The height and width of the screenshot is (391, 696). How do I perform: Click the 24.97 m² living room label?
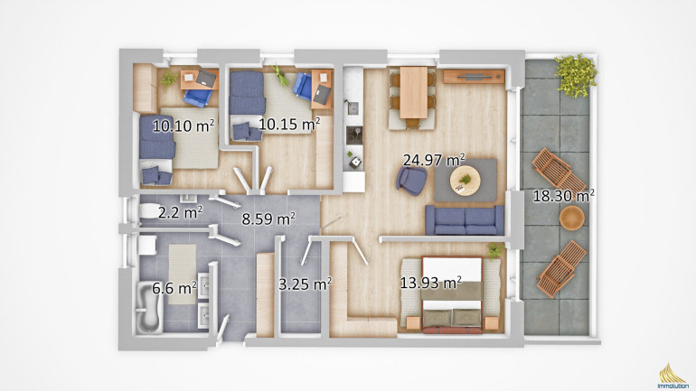(434, 160)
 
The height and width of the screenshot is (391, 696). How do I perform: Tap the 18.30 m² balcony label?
(564, 195)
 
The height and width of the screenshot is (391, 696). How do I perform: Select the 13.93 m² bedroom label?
(430, 283)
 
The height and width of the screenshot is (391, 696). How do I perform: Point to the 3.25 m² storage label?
(305, 284)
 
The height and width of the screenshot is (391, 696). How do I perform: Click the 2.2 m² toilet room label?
(180, 213)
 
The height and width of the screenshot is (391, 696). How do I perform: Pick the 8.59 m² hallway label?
(268, 219)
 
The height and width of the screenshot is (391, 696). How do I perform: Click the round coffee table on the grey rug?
(466, 181)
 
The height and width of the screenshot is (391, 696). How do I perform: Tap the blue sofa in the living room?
(465, 220)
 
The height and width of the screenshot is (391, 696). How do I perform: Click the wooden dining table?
(414, 93)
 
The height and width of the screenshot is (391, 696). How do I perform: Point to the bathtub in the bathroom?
(149, 309)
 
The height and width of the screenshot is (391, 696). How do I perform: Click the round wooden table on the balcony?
(571, 219)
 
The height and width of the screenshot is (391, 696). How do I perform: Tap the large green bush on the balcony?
(576, 75)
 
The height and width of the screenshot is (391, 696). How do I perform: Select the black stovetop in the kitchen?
(354, 135)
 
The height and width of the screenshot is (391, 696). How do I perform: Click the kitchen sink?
(353, 107)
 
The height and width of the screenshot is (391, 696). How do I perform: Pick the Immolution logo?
(672, 377)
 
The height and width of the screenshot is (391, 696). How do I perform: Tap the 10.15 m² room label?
(289, 125)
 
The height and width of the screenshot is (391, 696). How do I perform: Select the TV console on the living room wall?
(474, 76)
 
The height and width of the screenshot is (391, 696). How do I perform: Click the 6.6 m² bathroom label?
(174, 289)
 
